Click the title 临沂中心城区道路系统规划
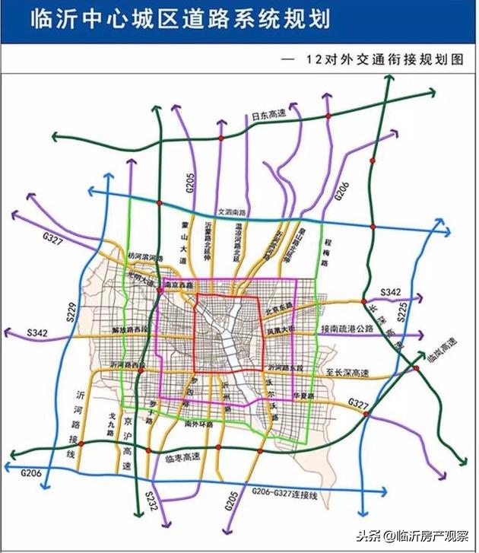click(180, 20)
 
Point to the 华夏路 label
click(303, 395)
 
